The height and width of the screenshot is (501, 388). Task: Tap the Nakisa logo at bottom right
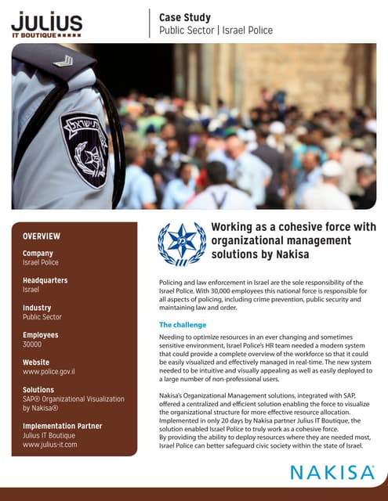tap(332, 474)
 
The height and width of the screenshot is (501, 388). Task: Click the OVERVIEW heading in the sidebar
tap(42, 236)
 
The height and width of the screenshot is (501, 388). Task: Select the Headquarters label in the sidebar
tap(45, 280)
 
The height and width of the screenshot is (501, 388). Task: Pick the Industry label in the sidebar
tap(37, 308)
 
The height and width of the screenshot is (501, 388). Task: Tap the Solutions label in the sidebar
tap(38, 389)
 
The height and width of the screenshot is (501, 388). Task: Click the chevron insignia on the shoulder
tap(62, 60)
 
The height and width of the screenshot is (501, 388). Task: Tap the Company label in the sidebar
tap(38, 253)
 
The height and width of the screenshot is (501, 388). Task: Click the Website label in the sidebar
tap(36, 362)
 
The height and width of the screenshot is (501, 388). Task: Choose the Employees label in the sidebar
tap(41, 335)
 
